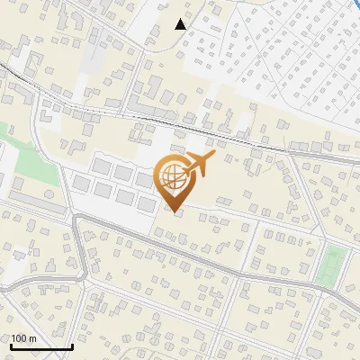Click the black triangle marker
tap(181, 24)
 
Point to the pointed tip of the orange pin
tap(174, 211)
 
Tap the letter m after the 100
tap(32, 337)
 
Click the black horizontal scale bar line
tap(40, 346)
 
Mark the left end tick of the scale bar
tap(10, 345)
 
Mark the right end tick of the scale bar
tap(72, 345)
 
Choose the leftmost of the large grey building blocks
tap(83, 184)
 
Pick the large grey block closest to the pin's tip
tap(147, 204)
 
